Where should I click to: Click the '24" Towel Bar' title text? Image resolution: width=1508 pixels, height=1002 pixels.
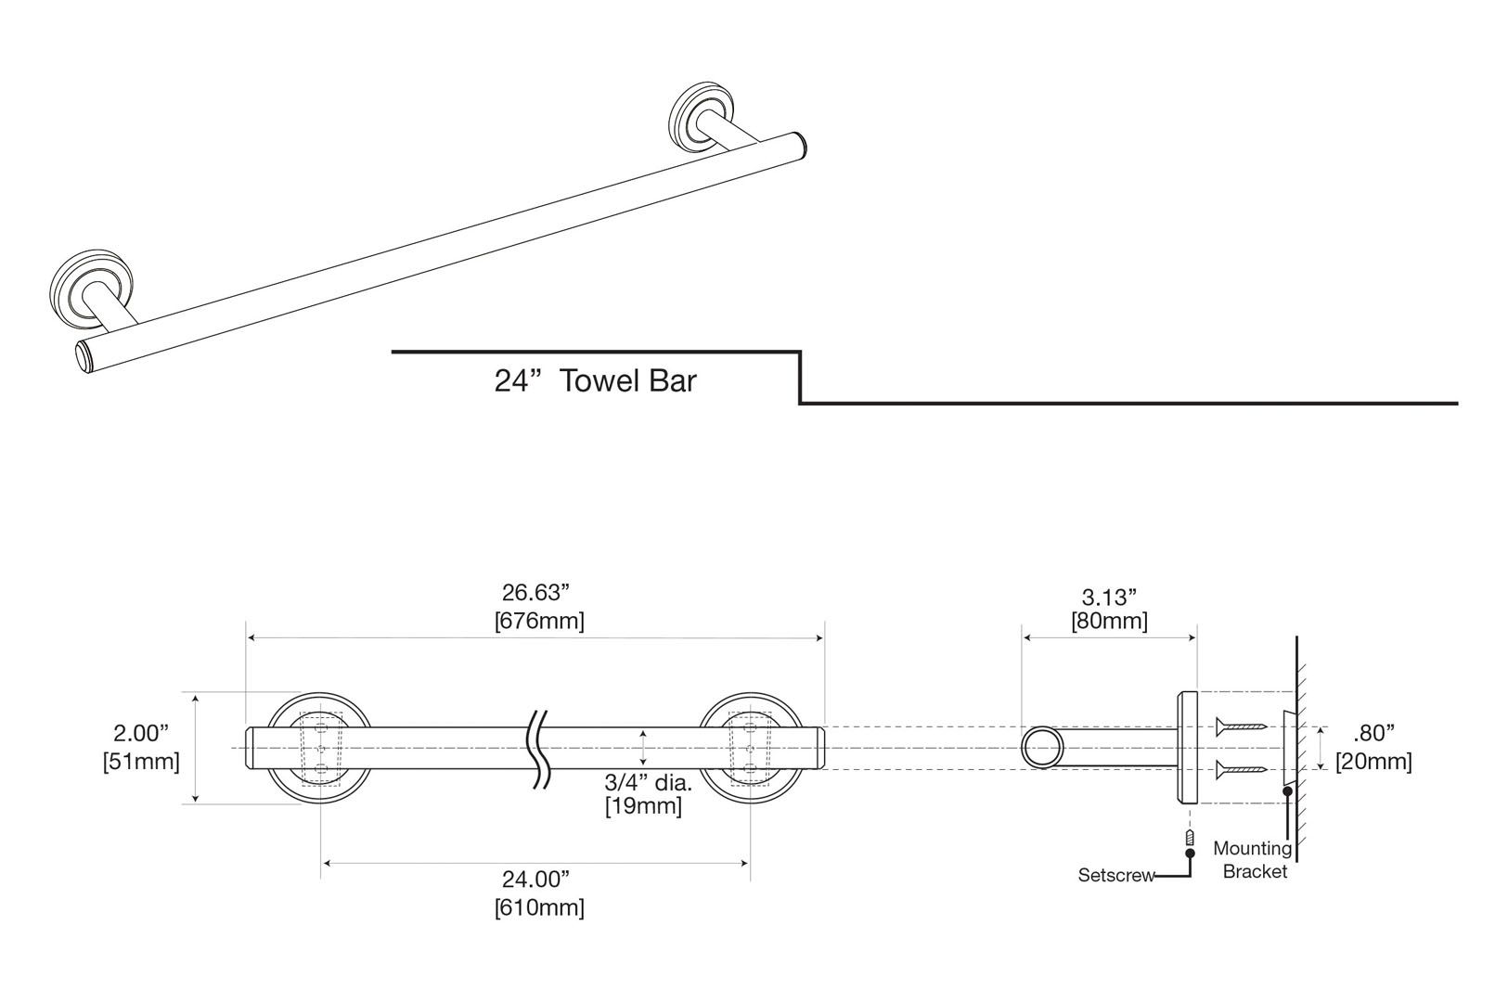click(x=595, y=380)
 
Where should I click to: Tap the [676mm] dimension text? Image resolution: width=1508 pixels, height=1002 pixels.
click(x=538, y=621)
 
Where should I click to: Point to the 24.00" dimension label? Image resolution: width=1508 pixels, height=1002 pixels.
click(x=535, y=878)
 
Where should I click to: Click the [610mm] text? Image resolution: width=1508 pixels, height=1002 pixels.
click(x=538, y=906)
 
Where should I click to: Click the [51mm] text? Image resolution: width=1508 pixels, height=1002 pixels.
click(x=141, y=762)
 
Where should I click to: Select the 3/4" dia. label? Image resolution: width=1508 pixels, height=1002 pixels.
click(x=648, y=782)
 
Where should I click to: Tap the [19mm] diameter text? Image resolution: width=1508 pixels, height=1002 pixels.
click(x=643, y=806)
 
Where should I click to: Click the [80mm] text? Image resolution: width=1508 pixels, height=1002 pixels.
click(x=1109, y=620)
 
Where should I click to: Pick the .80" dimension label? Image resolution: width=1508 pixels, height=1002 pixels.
click(x=1374, y=733)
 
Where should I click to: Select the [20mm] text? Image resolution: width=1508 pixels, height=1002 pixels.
click(x=1373, y=762)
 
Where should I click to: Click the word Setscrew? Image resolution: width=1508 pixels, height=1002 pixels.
click(x=1115, y=875)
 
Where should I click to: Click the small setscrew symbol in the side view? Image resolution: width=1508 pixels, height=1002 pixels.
click(x=1188, y=839)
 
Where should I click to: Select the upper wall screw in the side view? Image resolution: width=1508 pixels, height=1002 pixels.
click(x=1241, y=726)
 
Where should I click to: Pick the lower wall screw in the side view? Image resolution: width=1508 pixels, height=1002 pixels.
click(x=1241, y=768)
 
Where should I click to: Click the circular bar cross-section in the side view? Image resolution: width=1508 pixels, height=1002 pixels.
click(x=1043, y=748)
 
